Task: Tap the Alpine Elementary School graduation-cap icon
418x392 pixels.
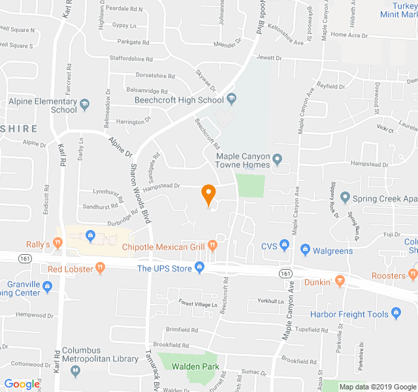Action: (x=84, y=103)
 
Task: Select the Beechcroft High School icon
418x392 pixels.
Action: (x=231, y=99)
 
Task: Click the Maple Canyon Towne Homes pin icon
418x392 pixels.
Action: (x=277, y=158)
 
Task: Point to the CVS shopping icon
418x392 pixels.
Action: (x=284, y=246)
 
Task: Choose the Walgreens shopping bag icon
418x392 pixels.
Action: (x=304, y=250)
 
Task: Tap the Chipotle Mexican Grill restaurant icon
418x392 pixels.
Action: (x=212, y=246)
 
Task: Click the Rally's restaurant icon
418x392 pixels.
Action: (x=57, y=243)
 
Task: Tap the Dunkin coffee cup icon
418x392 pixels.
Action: (x=339, y=282)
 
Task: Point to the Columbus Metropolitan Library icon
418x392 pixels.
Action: (x=76, y=370)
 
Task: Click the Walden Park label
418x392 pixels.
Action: (x=195, y=367)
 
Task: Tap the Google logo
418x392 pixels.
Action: (x=22, y=384)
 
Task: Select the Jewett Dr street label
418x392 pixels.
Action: (x=269, y=58)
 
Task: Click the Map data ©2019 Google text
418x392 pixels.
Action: (x=377, y=386)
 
